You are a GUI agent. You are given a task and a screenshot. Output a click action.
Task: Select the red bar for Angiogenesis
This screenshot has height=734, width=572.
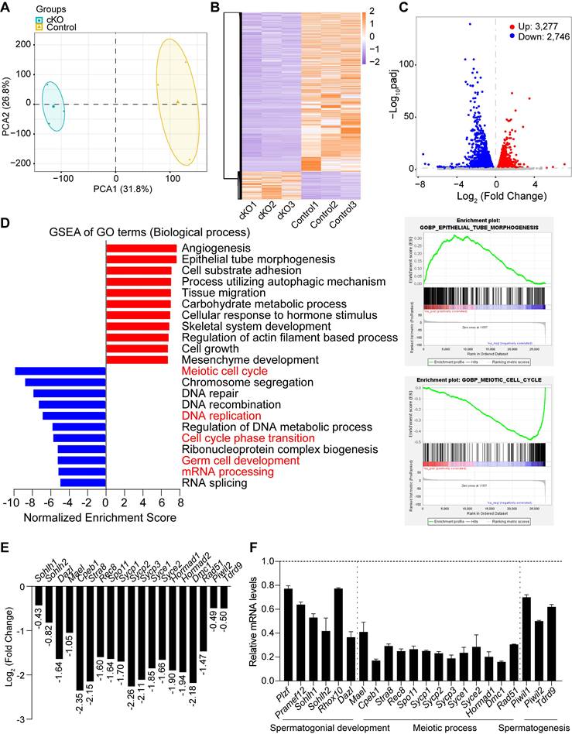(x=142, y=248)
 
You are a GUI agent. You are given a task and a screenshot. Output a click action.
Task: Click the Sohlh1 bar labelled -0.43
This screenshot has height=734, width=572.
(x=38, y=595)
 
